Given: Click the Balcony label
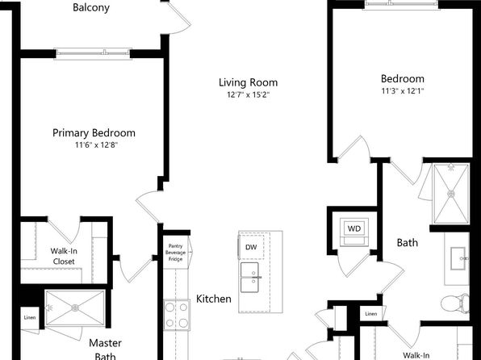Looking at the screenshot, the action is coord(91,8).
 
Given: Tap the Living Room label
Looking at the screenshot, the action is coord(249,82).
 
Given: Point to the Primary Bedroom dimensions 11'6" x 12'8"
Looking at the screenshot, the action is coord(96,144).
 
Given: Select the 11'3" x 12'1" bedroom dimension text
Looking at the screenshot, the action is coord(403,91).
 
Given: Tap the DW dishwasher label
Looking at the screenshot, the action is coord(251,247).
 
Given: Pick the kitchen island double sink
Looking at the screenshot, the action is coord(249,278).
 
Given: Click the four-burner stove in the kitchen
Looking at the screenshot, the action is coord(177,315).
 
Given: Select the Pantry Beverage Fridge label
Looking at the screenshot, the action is coord(175,253).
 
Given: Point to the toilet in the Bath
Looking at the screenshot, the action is coord(455,303).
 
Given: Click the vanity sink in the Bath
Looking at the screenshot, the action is coord(458,259).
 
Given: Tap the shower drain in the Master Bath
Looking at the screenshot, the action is coord(75,308).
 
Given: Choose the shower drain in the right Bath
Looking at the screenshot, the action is coord(451,194).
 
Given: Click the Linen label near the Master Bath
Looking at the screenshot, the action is coord(30,318).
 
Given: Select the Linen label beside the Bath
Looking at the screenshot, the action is coord(371,314).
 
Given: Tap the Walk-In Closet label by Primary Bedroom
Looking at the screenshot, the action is coord(64,256).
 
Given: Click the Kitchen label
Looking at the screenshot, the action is coord(214,299).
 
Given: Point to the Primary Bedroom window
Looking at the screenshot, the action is coord(93,53).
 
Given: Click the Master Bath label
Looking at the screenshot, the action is coord(105,349).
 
